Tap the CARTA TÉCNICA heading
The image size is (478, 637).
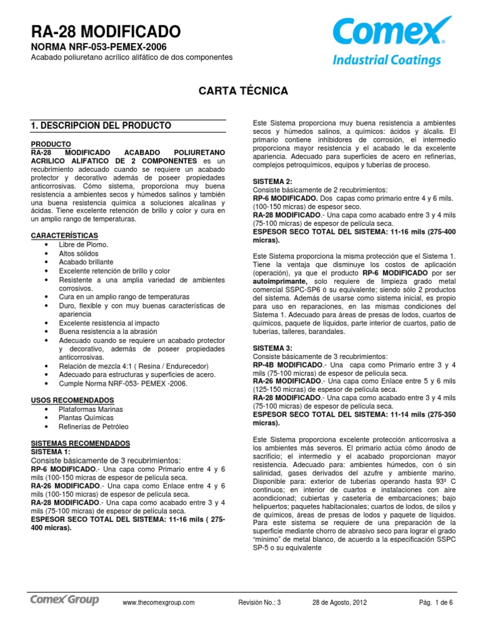click(243, 91)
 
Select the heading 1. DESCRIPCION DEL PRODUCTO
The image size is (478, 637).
click(101, 126)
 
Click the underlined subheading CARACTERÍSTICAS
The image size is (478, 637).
click(65, 236)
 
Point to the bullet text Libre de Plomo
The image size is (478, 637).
click(83, 244)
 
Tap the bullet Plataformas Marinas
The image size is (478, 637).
click(91, 409)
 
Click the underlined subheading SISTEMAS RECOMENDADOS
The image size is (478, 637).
click(80, 443)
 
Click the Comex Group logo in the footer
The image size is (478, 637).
click(65, 600)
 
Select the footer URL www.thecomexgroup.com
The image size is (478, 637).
click(159, 602)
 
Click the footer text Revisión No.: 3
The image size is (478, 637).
click(260, 602)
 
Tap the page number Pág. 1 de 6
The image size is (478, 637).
click(435, 602)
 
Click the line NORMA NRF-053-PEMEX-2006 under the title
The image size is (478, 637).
click(99, 47)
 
